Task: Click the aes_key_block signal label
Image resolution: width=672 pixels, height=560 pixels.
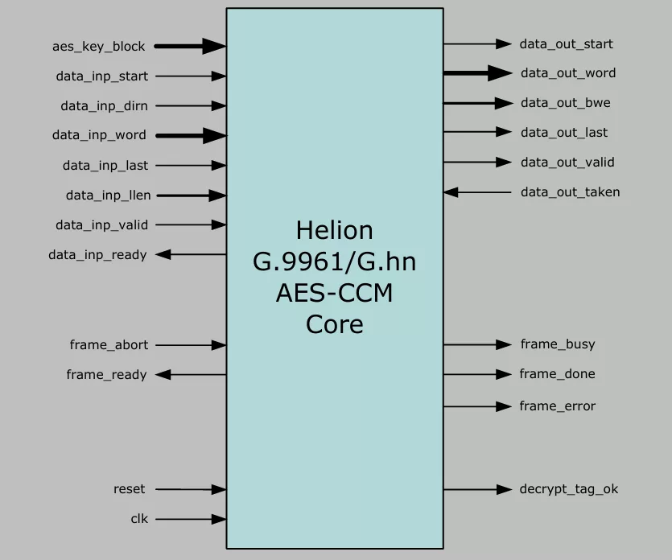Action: pyautogui.click(x=98, y=47)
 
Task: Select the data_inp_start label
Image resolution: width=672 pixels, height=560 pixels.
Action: pyautogui.click(x=101, y=76)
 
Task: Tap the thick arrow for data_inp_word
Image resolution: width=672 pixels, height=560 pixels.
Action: pyautogui.click(x=190, y=135)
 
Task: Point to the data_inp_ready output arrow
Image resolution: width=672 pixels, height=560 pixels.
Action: pyautogui.click(x=190, y=254)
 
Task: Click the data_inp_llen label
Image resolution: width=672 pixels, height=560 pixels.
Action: pyautogui.click(x=108, y=195)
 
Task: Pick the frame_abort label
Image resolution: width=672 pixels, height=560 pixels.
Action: pyautogui.click(x=109, y=344)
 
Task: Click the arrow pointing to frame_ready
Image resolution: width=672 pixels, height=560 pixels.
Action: pyautogui.click(x=190, y=374)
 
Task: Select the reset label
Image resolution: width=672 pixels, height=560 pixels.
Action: pyautogui.click(x=129, y=488)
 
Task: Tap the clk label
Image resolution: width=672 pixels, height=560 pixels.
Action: pyautogui.click(x=139, y=519)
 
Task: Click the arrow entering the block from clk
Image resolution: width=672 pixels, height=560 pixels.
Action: pyautogui.click(x=190, y=519)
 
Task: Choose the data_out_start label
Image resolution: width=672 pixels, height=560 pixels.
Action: pyautogui.click(x=566, y=43)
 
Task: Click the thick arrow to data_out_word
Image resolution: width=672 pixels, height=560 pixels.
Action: pyautogui.click(x=477, y=73)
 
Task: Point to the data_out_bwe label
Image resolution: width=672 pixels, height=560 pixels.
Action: pyautogui.click(x=565, y=102)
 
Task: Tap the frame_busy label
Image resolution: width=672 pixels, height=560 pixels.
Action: pyautogui.click(x=558, y=344)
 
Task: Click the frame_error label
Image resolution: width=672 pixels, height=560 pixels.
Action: pyautogui.click(x=558, y=406)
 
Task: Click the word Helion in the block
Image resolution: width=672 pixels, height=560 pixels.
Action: pyautogui.click(x=334, y=230)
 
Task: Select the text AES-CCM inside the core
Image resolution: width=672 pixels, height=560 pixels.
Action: pyautogui.click(x=334, y=293)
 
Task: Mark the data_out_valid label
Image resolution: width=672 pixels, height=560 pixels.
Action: pyautogui.click(x=567, y=162)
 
